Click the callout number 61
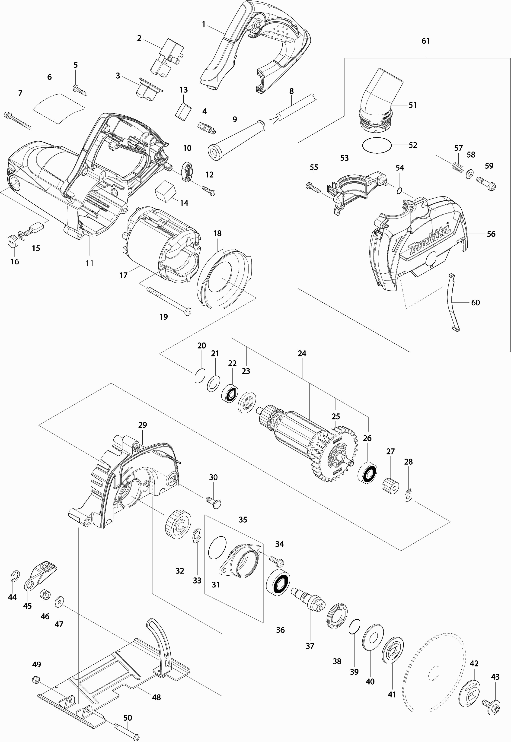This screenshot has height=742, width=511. tap(425, 41)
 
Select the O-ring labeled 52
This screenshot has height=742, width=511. tap(377, 146)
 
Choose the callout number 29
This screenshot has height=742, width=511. tap(143, 425)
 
